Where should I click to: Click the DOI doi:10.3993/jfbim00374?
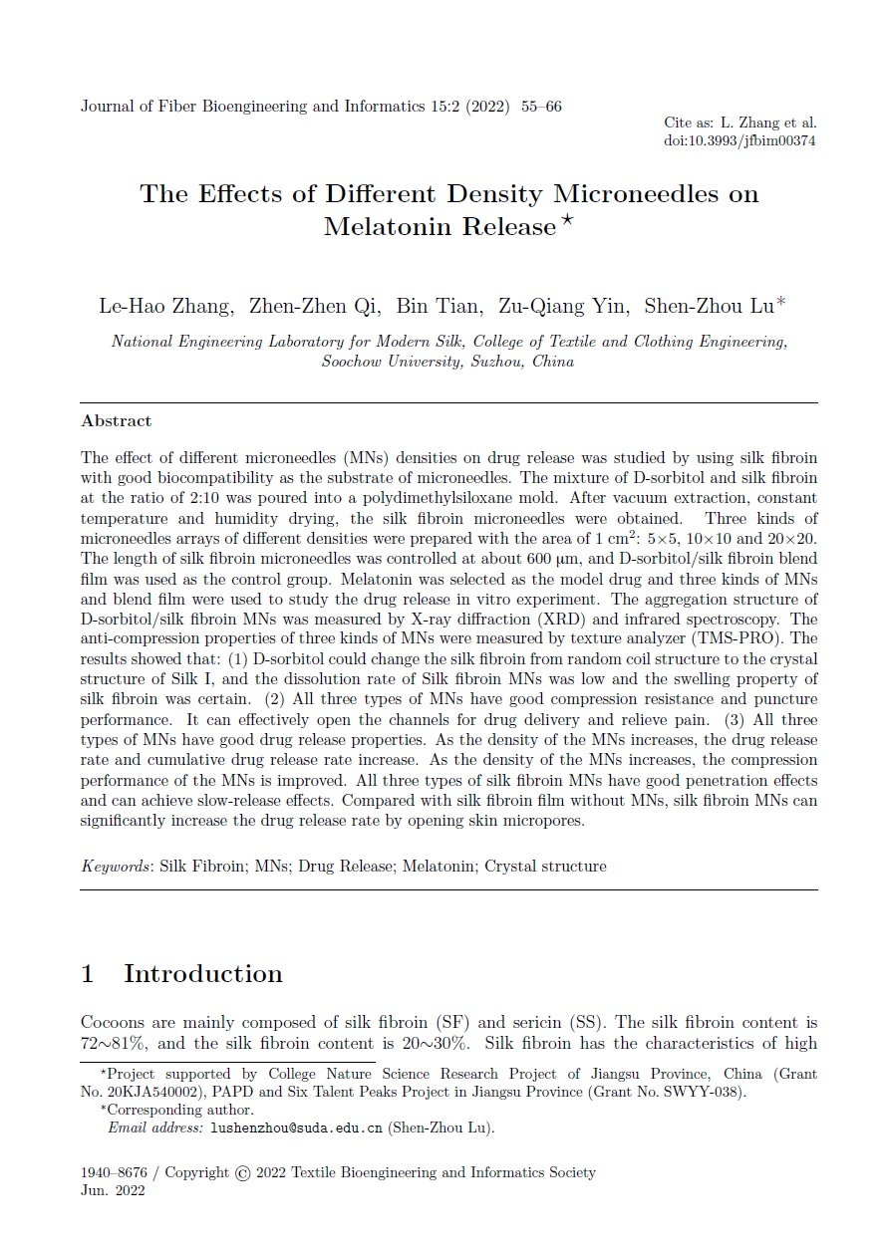coord(739,140)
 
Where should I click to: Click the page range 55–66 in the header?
coord(541,107)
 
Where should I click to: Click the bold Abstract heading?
coord(117,421)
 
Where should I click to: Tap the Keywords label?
coord(115,866)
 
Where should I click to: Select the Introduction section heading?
coord(202,973)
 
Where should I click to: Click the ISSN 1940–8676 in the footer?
coord(116,1172)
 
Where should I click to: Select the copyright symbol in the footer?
coord(242,1173)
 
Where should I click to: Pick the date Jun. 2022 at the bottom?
coord(113,1191)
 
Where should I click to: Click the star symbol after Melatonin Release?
coord(566,220)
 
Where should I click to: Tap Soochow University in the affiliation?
coord(389,362)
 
